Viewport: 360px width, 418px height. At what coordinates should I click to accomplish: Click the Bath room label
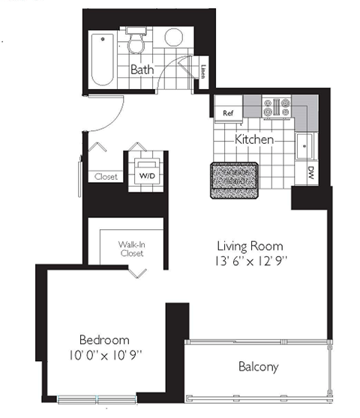142,70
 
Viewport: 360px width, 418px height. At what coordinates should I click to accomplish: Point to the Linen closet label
203,72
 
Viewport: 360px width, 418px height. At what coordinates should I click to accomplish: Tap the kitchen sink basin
306,145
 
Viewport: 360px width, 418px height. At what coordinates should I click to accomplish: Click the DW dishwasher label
310,175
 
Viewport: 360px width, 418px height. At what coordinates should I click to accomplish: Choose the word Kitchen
253,139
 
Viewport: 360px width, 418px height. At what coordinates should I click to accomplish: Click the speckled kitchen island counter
234,181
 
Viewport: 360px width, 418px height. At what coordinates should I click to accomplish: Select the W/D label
146,177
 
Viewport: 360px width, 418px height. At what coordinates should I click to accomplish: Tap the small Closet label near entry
106,177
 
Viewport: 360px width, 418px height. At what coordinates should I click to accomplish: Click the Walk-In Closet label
130,249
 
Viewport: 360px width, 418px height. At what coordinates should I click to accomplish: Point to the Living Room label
250,246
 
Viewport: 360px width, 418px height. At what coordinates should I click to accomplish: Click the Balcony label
258,367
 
